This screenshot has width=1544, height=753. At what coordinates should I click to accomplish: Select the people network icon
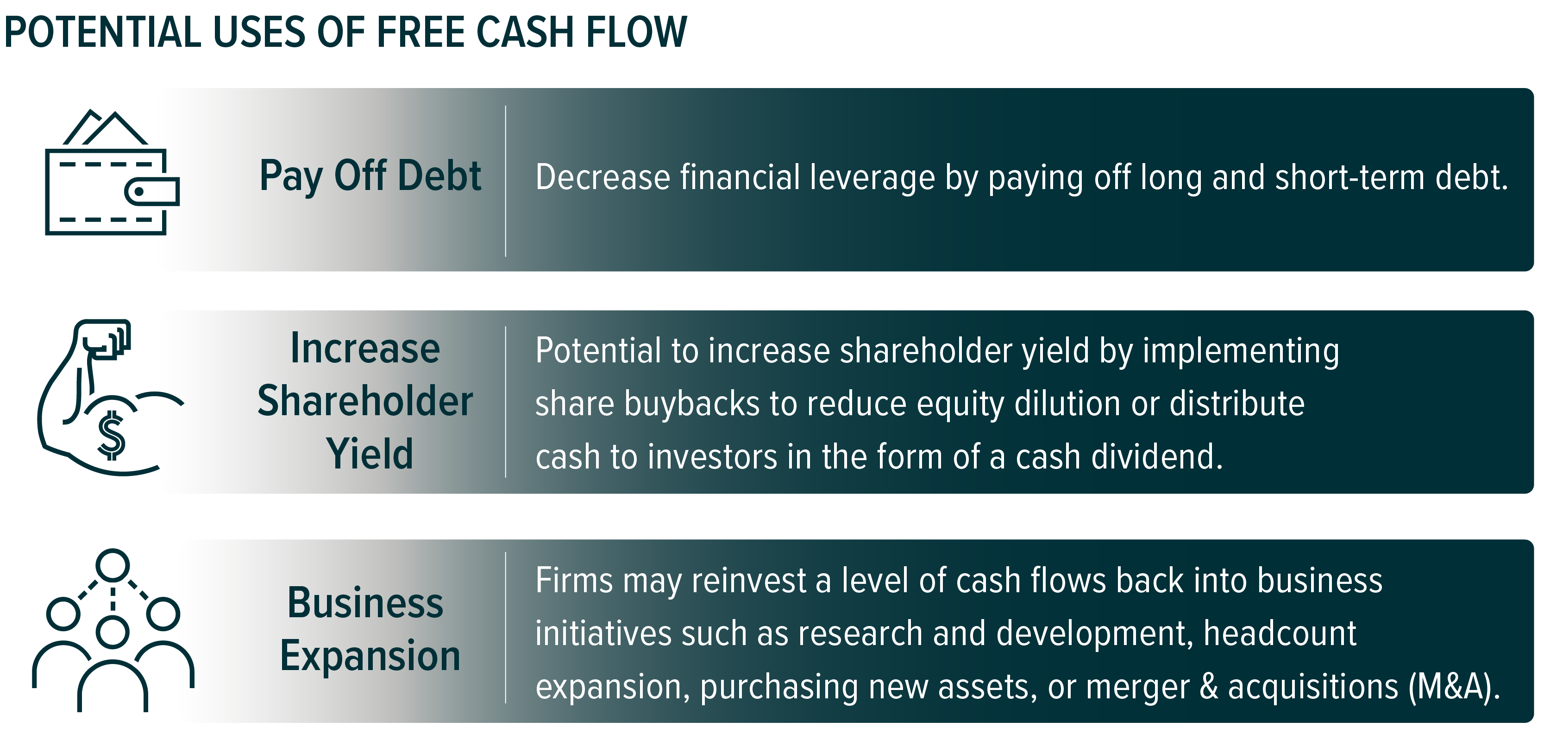pos(113,630)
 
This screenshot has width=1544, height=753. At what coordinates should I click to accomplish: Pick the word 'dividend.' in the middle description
pos(1157,456)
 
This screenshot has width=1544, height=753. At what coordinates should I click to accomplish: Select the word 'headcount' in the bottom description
pos(1280,634)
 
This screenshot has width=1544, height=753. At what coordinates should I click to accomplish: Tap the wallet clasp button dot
pos(138,192)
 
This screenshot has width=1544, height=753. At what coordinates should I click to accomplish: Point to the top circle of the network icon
pos(113,565)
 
